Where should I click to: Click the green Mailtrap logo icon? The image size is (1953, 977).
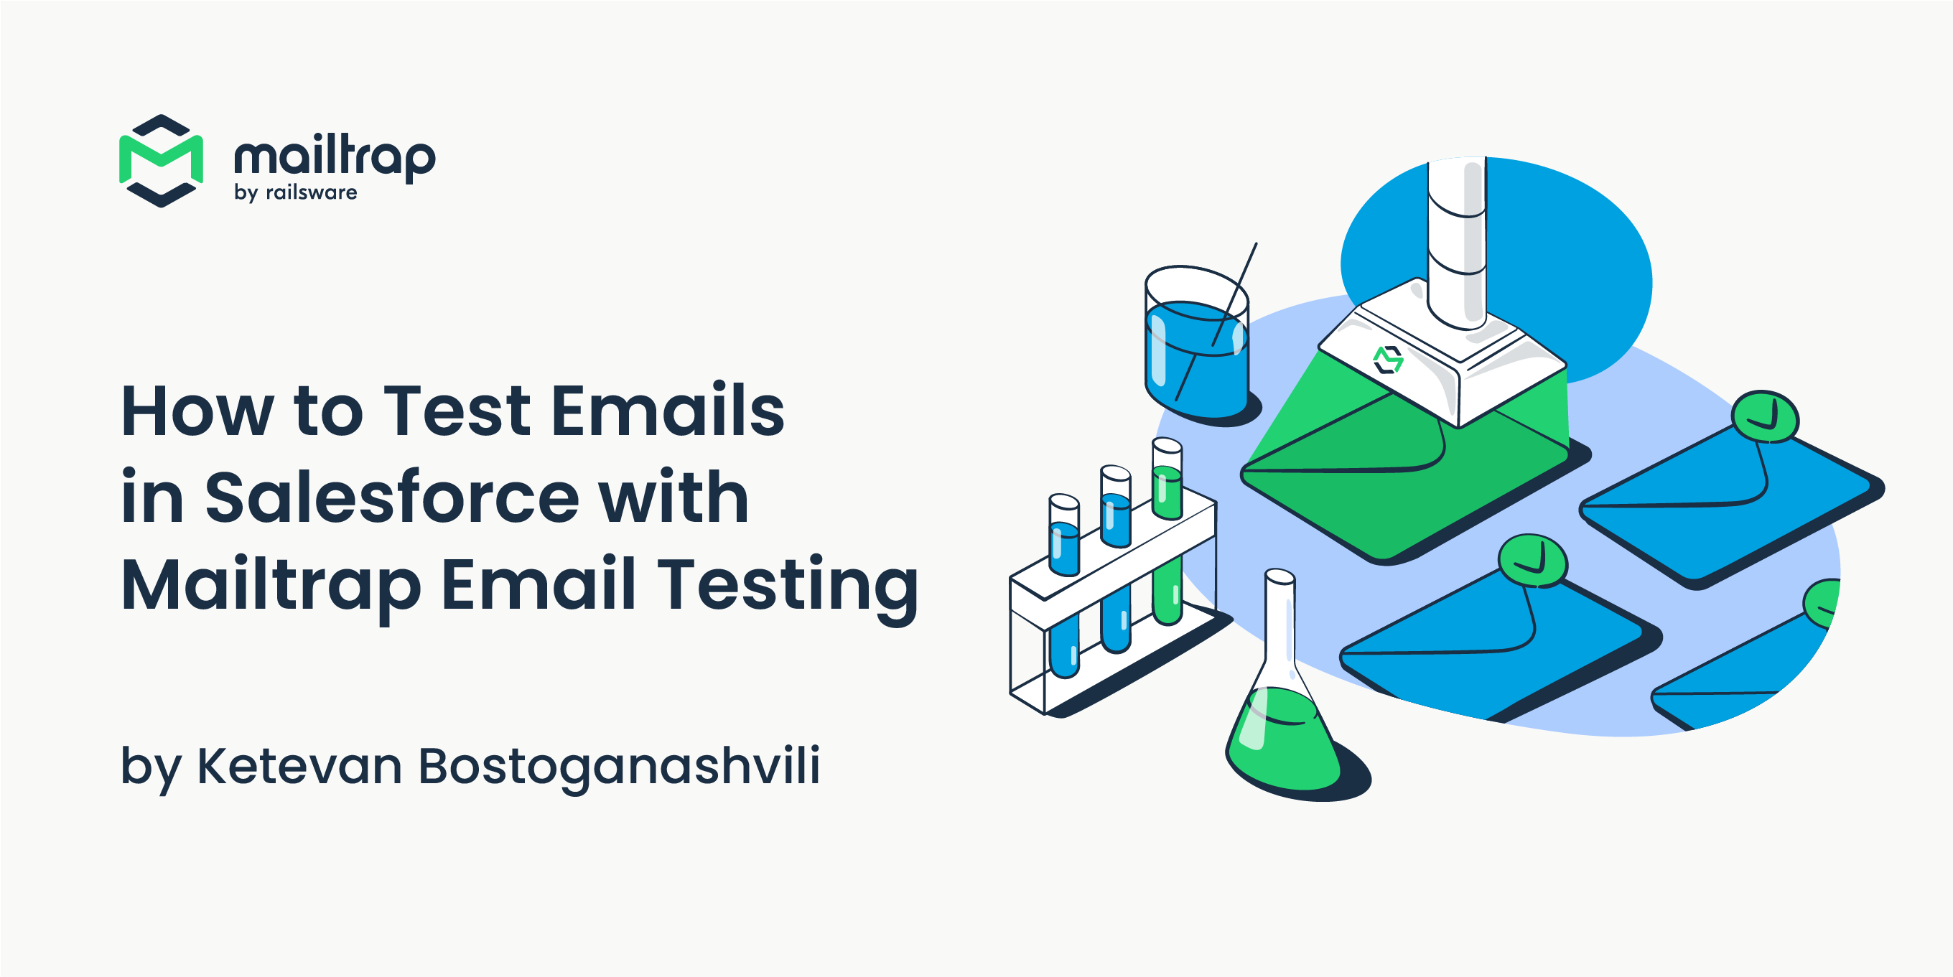[161, 161]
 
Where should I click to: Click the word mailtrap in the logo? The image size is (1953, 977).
[335, 158]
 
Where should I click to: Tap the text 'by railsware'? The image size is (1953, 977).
[296, 192]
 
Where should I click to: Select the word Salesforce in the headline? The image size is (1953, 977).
[392, 497]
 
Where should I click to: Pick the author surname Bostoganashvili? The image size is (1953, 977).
[619, 767]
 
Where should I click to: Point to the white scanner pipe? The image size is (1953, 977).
[1456, 243]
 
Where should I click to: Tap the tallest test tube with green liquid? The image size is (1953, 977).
[1167, 530]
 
